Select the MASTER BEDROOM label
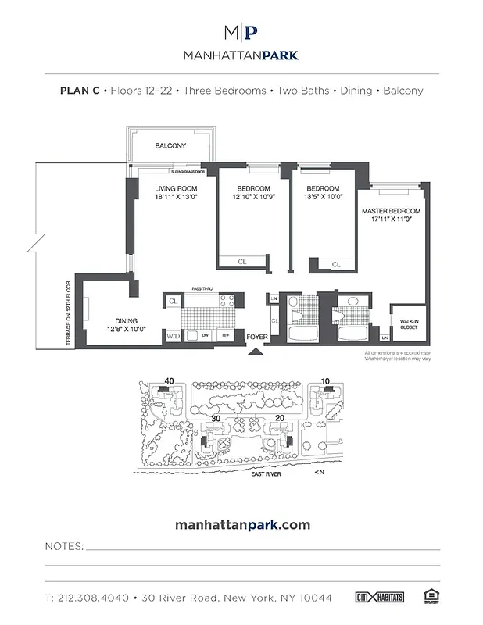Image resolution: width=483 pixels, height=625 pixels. [391, 212]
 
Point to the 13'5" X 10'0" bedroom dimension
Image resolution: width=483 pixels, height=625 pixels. [323, 198]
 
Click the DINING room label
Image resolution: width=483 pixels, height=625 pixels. [127, 320]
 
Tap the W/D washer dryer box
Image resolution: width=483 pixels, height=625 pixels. [172, 335]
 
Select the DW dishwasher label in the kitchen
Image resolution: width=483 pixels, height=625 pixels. [206, 335]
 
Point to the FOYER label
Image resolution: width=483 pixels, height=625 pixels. [257, 337]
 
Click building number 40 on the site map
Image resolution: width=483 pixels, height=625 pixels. [168, 382]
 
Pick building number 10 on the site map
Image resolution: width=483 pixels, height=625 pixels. [325, 382]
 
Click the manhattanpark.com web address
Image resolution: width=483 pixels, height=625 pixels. [241, 524]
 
